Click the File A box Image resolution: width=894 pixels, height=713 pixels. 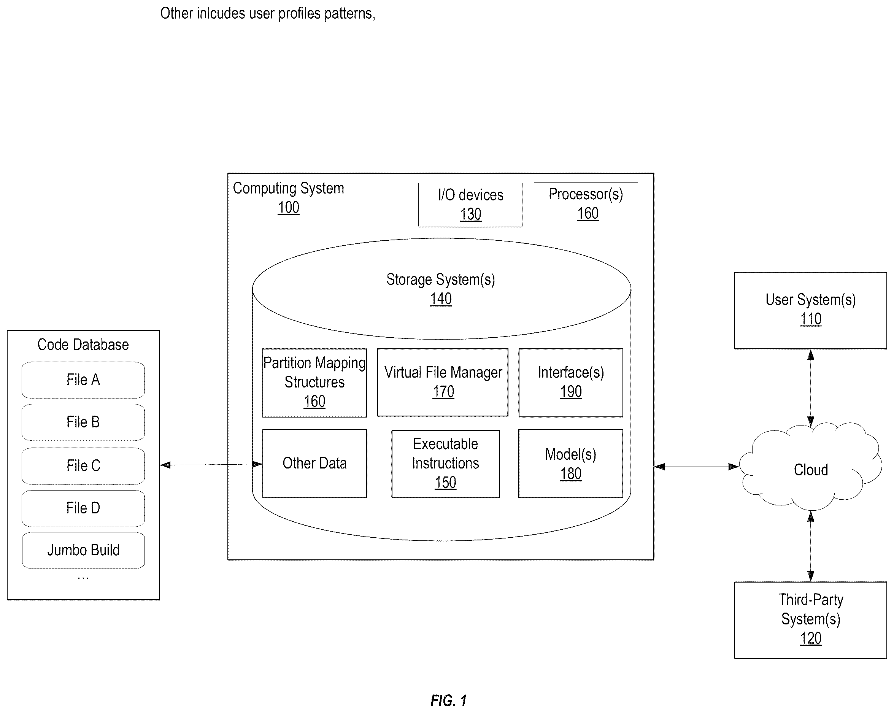click(83, 380)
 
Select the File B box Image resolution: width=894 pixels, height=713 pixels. click(83, 422)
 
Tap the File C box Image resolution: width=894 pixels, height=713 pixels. click(83, 466)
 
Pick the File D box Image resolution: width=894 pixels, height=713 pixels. click(83, 508)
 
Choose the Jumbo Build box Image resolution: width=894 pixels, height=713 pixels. click(83, 550)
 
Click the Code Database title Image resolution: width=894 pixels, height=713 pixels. click(83, 345)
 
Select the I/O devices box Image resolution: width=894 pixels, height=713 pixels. click(470, 205)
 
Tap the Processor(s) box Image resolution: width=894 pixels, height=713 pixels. click(586, 204)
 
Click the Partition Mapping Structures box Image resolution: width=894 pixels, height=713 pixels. click(314, 383)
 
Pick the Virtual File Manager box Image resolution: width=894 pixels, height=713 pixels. click(443, 383)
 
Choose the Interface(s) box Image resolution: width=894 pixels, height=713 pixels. click(570, 383)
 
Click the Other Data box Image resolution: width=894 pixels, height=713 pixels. click(314, 463)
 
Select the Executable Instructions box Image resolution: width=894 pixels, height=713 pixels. click(445, 464)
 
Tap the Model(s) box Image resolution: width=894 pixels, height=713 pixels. click(570, 463)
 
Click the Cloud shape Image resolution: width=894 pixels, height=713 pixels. click(810, 467)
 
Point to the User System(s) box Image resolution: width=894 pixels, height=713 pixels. click(810, 311)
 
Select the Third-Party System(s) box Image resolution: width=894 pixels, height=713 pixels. click(810, 620)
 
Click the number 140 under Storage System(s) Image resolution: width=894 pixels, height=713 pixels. click(440, 299)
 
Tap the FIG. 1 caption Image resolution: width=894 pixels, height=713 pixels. click(449, 700)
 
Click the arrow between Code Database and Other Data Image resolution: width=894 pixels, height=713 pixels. click(211, 465)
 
